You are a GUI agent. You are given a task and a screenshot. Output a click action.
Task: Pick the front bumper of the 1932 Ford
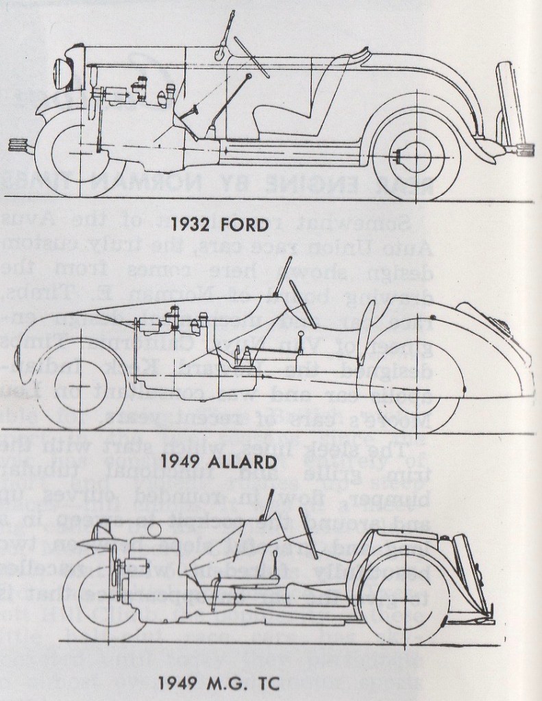(22, 144)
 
